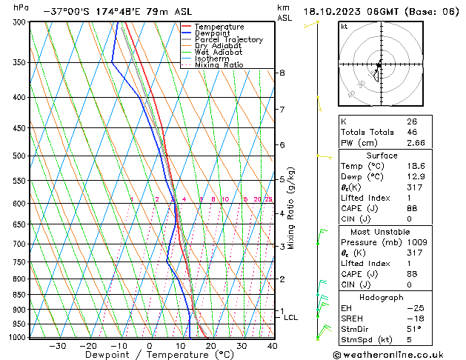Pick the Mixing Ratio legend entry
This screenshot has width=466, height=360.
point(219,65)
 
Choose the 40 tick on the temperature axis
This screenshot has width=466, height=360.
point(272,345)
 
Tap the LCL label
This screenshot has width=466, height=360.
point(291,317)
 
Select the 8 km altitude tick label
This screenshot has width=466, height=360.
point(282,73)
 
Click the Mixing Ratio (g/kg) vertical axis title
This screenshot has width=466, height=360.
point(291,208)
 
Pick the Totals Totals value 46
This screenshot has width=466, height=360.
point(412,131)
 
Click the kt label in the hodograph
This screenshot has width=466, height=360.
point(344,26)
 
